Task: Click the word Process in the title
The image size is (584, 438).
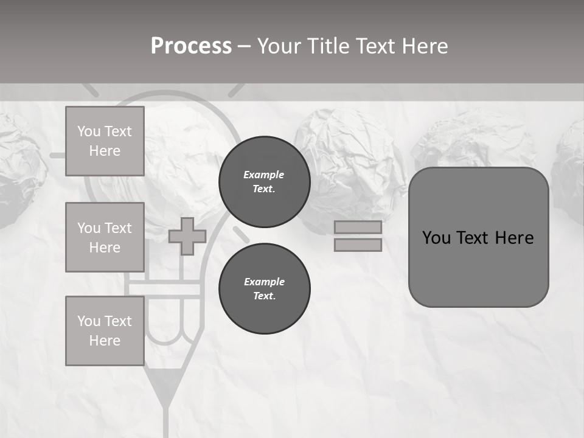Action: [x=191, y=46]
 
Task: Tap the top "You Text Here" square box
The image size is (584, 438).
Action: [x=105, y=141]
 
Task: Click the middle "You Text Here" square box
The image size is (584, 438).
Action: [x=105, y=237]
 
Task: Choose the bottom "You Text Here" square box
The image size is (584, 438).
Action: [x=105, y=330]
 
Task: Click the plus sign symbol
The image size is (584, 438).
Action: [x=187, y=237]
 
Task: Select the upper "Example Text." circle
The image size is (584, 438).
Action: [x=264, y=182]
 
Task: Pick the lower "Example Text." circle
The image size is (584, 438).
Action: [x=264, y=289]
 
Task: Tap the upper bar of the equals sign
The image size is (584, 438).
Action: [x=358, y=227]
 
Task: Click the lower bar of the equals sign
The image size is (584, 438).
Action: [x=358, y=245]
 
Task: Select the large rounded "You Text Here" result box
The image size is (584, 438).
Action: [x=478, y=237]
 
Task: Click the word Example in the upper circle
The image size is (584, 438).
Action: [x=263, y=175]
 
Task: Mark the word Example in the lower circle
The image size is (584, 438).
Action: [x=264, y=282]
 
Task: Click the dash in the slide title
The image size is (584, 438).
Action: [x=244, y=46]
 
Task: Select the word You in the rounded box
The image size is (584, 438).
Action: [x=436, y=238]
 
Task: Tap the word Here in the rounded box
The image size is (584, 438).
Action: [x=514, y=238]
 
